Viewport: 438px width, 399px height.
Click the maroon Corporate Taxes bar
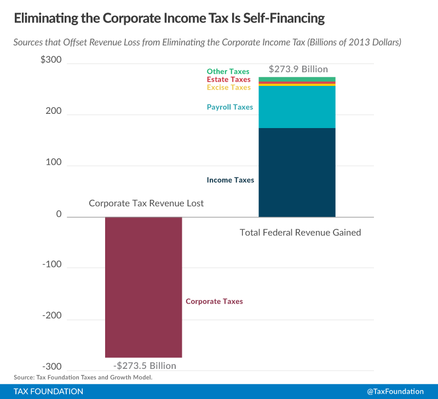pos(143,287)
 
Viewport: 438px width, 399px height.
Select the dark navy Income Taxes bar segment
pos(297,172)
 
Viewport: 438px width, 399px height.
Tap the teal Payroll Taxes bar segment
pos(297,107)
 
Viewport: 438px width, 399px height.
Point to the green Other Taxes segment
pos(297,79)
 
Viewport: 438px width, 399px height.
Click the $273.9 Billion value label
pos(298,70)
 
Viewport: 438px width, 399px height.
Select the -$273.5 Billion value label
pos(145,366)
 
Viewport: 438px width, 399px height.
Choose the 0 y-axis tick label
pos(57,216)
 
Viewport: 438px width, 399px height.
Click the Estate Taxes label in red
pos(228,80)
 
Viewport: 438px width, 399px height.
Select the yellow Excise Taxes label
pos(228,88)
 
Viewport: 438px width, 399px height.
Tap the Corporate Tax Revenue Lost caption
pos(146,204)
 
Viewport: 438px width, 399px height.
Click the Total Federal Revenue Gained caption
pos(300,233)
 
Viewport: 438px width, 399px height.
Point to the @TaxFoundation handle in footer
pos(395,391)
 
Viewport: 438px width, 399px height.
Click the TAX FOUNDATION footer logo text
pos(49,391)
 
